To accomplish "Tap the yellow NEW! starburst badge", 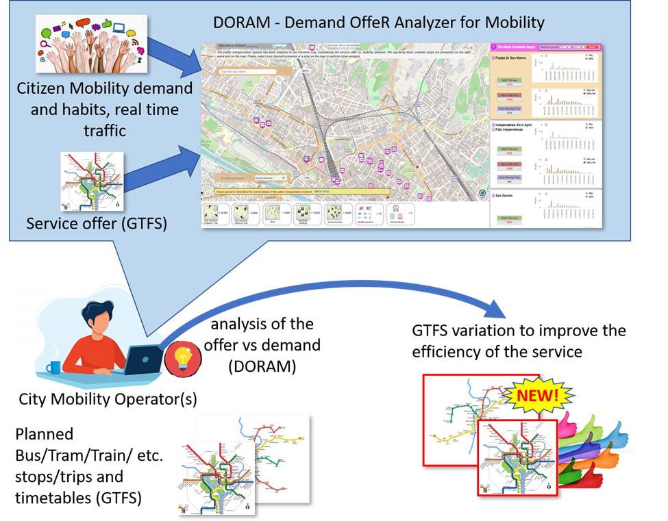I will tap(538, 395).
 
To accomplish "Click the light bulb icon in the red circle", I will tap(184, 358).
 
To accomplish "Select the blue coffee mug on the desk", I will tap(53, 368).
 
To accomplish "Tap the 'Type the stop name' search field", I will tap(247, 71).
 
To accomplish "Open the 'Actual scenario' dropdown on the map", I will tap(270, 177).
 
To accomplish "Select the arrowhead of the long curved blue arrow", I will tap(497, 312).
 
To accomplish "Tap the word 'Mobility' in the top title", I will tap(510, 23).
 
